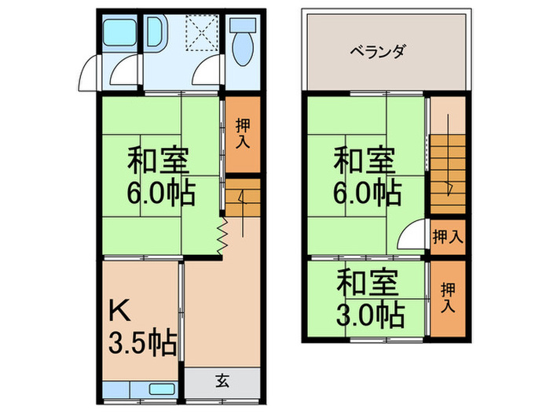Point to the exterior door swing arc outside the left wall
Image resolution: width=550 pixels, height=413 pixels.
pos(88,76)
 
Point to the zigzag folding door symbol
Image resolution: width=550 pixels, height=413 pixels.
pos(222,234)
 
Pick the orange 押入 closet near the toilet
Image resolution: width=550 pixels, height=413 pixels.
pos(243,134)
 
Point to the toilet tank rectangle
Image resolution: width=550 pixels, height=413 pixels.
pos(241,26)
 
